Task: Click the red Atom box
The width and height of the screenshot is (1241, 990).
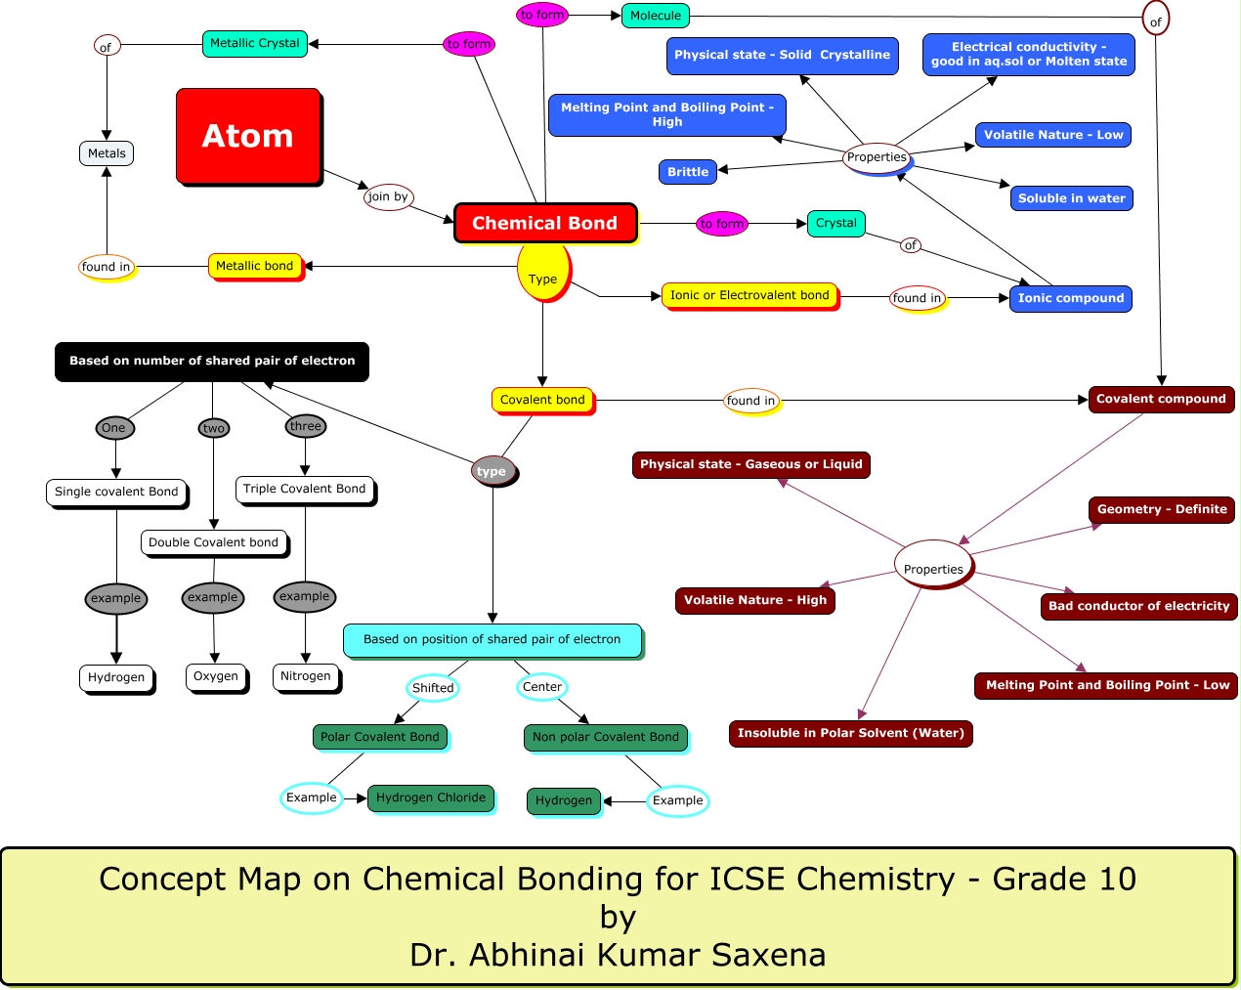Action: (248, 136)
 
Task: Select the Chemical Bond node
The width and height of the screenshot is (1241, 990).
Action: (544, 223)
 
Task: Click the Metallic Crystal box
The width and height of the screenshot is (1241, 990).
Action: (254, 43)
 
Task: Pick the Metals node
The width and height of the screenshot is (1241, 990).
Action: (107, 153)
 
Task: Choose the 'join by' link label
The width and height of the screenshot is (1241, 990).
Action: (388, 196)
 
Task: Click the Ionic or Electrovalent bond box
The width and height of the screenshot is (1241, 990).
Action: (749, 295)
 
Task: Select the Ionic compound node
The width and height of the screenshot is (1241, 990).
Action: (1070, 298)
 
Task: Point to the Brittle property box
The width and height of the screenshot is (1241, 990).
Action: (687, 172)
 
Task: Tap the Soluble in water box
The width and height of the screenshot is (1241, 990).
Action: (1071, 198)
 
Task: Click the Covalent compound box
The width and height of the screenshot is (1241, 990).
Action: (1161, 399)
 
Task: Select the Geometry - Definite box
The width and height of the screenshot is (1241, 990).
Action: (1161, 509)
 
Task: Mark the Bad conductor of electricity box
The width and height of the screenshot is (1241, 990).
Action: (1138, 606)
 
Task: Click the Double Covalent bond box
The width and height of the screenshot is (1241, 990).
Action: (213, 542)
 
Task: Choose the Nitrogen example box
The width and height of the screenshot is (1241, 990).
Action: (305, 676)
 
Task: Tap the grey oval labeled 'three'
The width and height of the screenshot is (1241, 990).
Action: (305, 426)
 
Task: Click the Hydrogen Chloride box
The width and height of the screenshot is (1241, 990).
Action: (430, 797)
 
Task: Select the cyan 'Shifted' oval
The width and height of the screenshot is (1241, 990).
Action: (433, 688)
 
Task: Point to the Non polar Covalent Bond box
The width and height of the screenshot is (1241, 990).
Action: (605, 737)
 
